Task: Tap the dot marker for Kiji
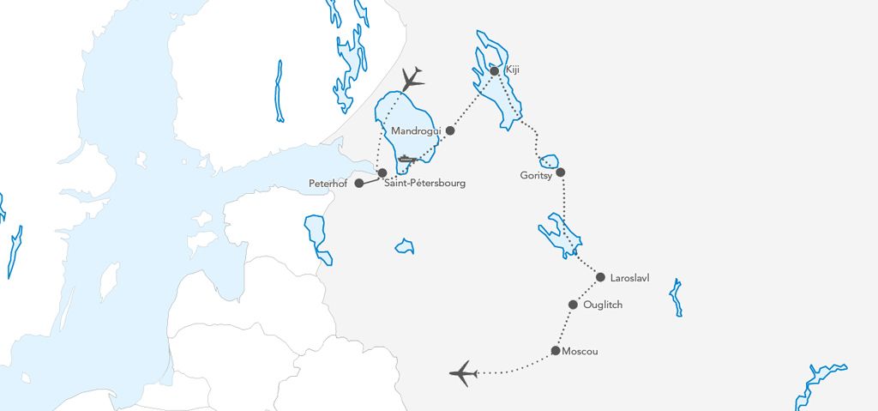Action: [494, 70]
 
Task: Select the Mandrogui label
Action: [415, 130]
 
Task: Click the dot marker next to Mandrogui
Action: [450, 130]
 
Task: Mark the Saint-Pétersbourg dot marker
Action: [382, 172]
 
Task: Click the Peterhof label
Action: [329, 184]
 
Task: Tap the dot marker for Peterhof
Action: [358, 183]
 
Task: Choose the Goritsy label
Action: [536, 175]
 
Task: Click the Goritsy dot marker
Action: [561, 172]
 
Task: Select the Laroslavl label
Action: [633, 278]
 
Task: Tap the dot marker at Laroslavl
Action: [600, 276]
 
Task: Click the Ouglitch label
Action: [602, 305]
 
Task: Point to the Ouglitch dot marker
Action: [574, 304]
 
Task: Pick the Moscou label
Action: [580, 352]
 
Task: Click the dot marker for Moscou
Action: [556, 350]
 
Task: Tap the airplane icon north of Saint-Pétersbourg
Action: [412, 80]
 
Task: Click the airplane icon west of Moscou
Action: [463, 373]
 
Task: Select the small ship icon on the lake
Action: [407, 159]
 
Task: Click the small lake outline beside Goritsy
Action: [549, 161]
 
